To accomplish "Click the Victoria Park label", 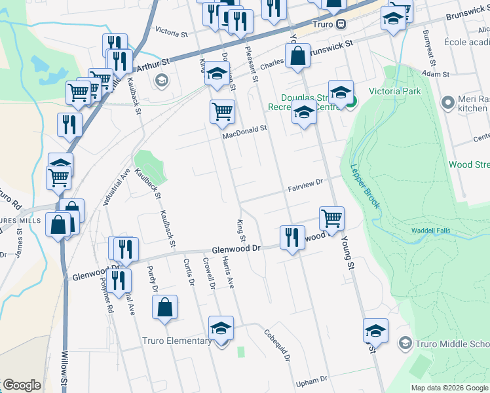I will click(x=395, y=91).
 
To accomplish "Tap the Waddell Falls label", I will click(x=432, y=231).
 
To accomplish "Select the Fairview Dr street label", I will click(x=306, y=185).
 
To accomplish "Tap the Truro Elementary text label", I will click(x=177, y=341).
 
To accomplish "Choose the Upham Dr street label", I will click(x=311, y=380).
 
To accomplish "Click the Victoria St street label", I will click(x=171, y=30).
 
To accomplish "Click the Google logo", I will click(x=22, y=385).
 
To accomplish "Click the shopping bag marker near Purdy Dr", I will click(x=164, y=308).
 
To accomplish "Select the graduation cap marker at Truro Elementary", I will click(x=221, y=329).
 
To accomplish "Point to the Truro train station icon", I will click(x=341, y=24).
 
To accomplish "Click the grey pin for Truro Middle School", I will click(x=405, y=343).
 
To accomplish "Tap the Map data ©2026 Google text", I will click(x=449, y=388).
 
